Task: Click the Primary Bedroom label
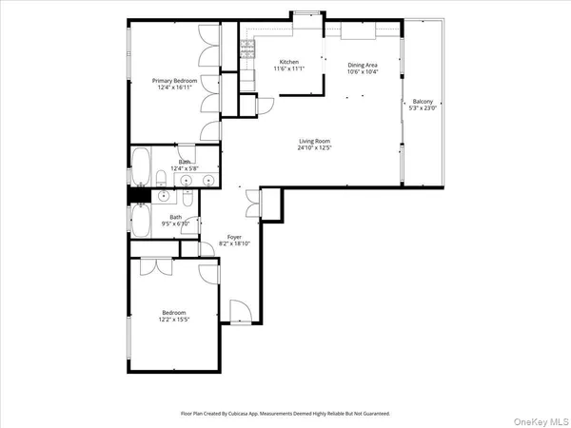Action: tap(175, 81)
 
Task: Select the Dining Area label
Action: tap(363, 65)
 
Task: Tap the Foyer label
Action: tap(233, 237)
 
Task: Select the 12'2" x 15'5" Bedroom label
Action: tap(172, 313)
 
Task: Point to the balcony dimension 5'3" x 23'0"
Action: tap(423, 109)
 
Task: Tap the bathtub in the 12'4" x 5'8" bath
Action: tap(140, 166)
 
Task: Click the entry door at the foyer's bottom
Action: tap(239, 312)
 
